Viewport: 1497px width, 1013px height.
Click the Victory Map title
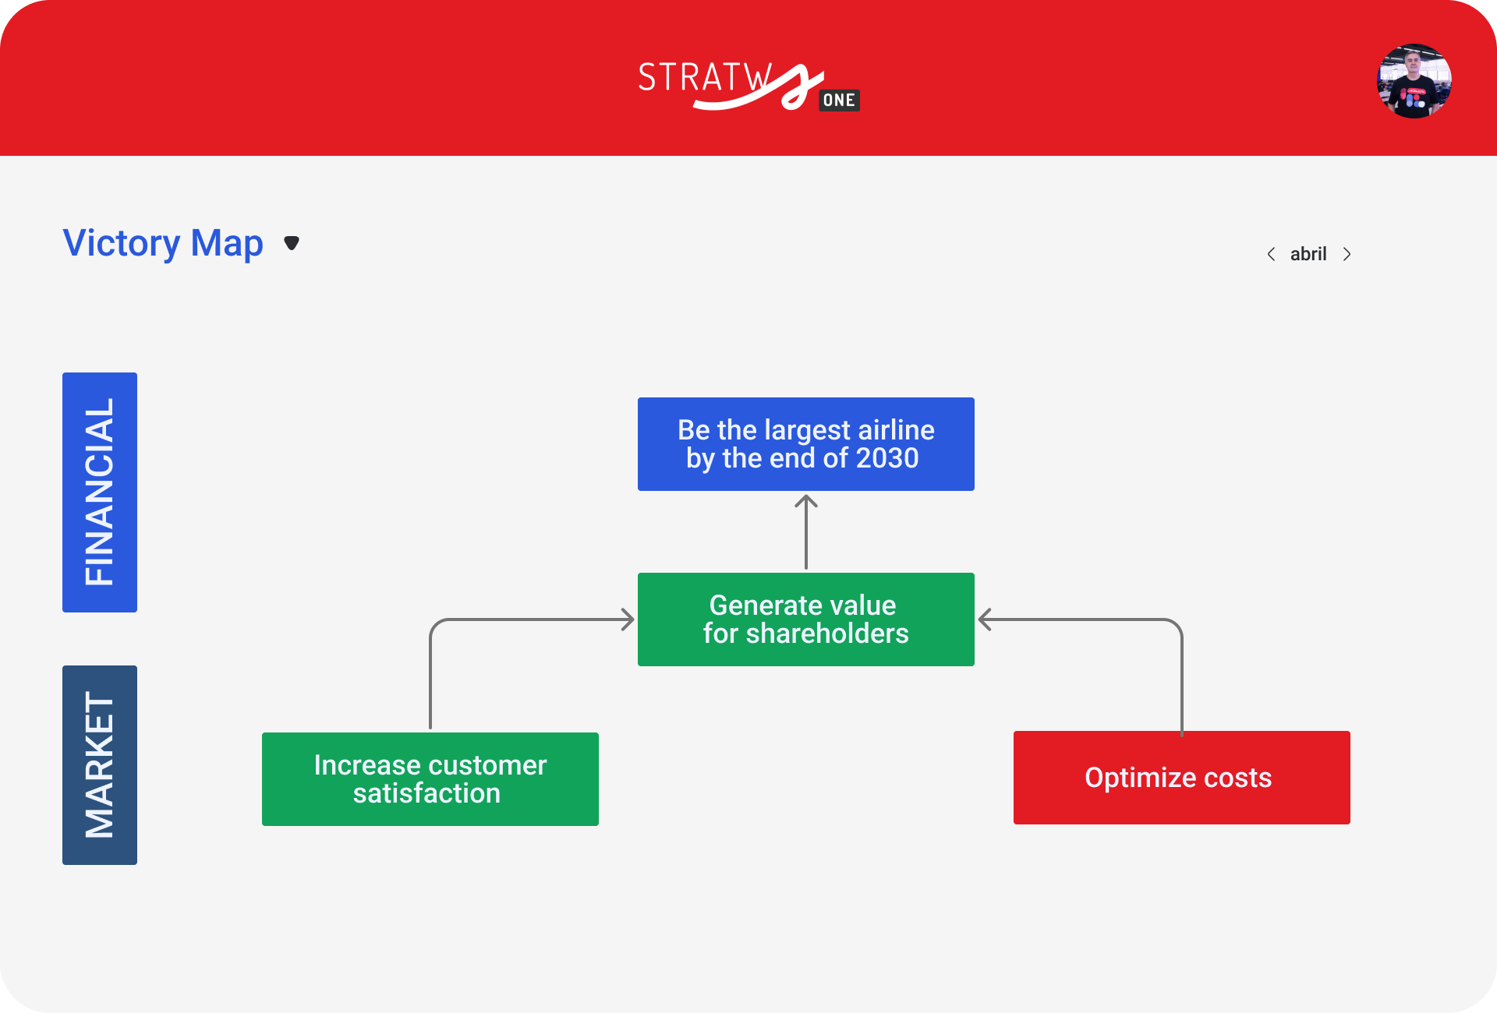pos(163,243)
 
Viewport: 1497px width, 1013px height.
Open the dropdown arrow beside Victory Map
pos(292,243)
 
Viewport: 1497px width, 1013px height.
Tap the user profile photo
pos(1414,81)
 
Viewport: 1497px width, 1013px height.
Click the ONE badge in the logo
pos(839,101)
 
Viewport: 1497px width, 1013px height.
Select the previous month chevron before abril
pos(1271,254)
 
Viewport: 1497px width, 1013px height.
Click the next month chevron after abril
pos(1347,254)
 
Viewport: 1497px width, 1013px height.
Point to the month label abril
pos(1308,254)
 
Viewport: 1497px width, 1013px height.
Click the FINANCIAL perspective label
pos(100,492)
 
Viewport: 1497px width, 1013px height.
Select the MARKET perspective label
pos(100,765)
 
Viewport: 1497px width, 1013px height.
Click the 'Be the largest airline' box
pos(806,444)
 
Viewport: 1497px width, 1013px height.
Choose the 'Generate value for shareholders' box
pos(806,619)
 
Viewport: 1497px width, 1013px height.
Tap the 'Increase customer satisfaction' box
pos(430,779)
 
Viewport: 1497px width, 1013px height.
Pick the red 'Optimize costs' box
pos(1182,778)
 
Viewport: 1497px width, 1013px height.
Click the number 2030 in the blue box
pos(887,458)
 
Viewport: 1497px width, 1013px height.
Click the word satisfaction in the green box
pos(426,793)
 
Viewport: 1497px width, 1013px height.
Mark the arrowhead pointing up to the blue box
pos(806,501)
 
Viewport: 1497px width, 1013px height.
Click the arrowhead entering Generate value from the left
pos(628,619)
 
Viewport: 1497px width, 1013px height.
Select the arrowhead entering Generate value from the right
pos(985,619)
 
